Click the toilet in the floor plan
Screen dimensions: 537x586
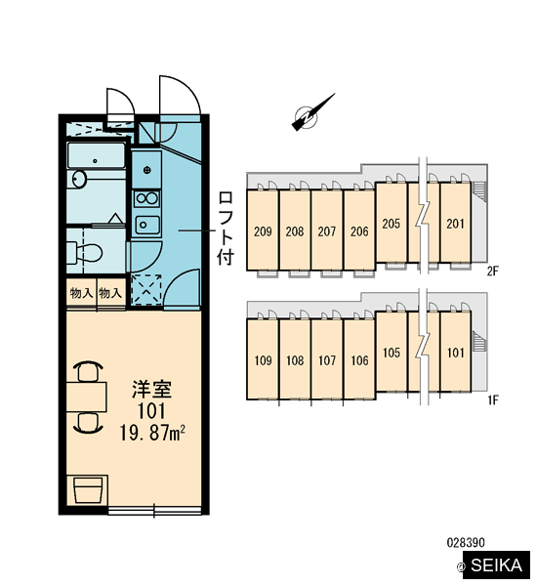[84, 253]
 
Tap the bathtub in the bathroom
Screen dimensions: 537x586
[96, 155]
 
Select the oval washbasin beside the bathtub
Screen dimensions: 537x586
[78, 180]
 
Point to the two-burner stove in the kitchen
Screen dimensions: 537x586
[147, 198]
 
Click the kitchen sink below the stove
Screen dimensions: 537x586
[147, 225]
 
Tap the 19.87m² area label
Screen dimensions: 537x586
[152, 433]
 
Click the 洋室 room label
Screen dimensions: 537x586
[151, 389]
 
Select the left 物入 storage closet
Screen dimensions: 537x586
[81, 293]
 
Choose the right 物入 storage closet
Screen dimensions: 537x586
[111, 293]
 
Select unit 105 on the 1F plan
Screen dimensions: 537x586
[392, 352]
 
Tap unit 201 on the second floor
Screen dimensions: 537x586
[456, 223]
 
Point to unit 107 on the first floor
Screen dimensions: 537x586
[327, 359]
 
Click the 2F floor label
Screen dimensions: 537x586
[493, 271]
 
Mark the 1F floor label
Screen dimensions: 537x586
[493, 400]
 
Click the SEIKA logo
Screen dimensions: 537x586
[496, 565]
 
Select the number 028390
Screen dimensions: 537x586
[466, 542]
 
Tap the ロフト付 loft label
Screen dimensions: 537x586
[227, 229]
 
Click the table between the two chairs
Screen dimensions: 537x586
[87, 397]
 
